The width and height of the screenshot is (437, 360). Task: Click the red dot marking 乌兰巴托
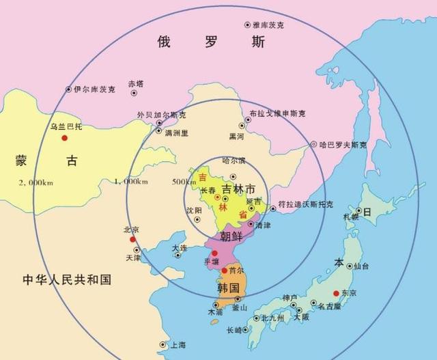click(x=64, y=138)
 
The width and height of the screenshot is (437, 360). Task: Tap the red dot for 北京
click(x=127, y=239)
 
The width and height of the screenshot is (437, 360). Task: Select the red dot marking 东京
click(x=335, y=294)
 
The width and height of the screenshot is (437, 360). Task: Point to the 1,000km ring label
click(x=130, y=182)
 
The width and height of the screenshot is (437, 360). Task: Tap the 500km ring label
click(x=184, y=182)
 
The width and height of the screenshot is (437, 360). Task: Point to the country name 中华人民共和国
click(x=66, y=280)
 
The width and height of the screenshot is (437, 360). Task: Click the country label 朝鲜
click(x=231, y=236)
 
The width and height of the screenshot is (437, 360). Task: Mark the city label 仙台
click(x=361, y=266)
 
